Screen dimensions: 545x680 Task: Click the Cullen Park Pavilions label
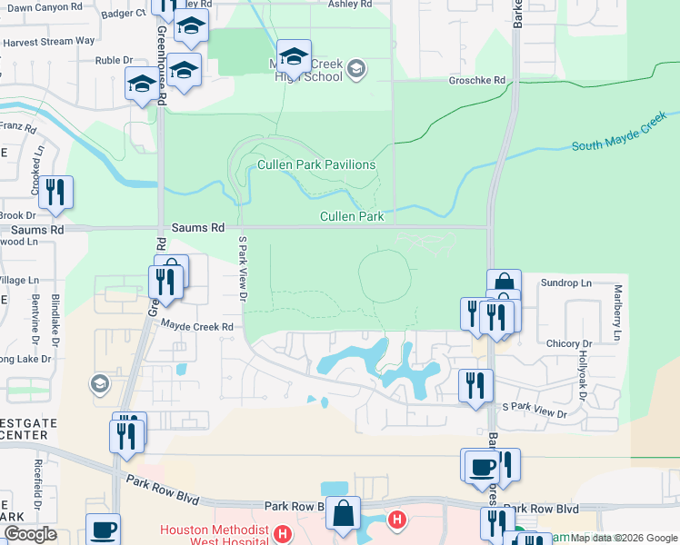coord(316,164)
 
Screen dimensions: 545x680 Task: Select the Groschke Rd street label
coord(476,80)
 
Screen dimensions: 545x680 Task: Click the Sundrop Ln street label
coord(565,283)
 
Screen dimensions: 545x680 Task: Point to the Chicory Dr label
coord(569,344)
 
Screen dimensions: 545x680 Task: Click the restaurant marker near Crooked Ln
coord(56,193)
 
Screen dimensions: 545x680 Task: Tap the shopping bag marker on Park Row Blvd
coord(344,514)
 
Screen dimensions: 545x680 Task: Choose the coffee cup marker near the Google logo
coord(103,530)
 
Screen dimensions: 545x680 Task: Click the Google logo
coord(29,535)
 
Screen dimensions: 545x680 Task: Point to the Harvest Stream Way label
coord(62,41)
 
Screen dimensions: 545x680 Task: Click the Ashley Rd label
coord(352,5)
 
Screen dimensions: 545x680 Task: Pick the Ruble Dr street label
coord(114,61)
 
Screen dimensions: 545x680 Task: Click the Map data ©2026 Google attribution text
coord(624,538)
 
